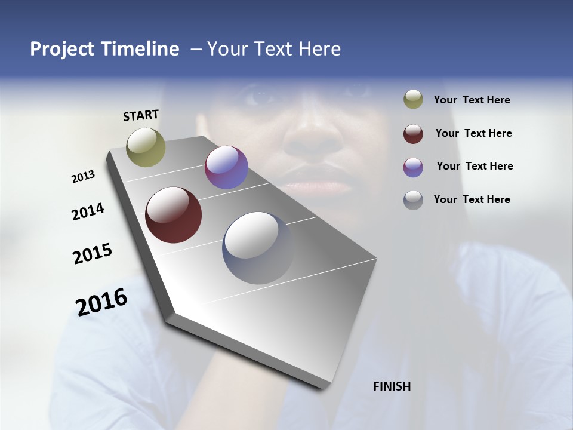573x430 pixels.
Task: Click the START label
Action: coord(141,115)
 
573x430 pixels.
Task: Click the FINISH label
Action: coord(392,386)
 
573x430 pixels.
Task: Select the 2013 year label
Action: coord(83,177)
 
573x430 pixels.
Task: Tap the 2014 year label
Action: coord(88,212)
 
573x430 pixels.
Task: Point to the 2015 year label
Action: coord(93,254)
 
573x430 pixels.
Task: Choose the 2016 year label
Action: coord(101,302)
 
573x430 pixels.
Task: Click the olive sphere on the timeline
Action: coord(146,147)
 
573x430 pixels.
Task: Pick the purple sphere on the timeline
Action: coord(226,167)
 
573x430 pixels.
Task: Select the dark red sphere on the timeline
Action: coord(173,215)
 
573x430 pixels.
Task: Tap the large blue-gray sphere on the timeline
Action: coord(258,248)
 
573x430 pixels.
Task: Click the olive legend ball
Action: coord(413,99)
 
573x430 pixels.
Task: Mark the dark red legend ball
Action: coord(413,134)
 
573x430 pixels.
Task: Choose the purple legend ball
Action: coord(413,167)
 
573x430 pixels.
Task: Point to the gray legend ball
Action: coord(413,200)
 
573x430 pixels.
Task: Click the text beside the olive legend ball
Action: coord(472,100)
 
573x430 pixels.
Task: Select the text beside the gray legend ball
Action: coord(472,199)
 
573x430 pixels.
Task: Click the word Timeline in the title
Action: coord(137,49)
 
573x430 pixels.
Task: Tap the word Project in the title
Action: coord(61,49)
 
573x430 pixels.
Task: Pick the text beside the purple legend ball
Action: coord(475,166)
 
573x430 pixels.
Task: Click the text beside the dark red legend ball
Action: coord(473,133)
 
